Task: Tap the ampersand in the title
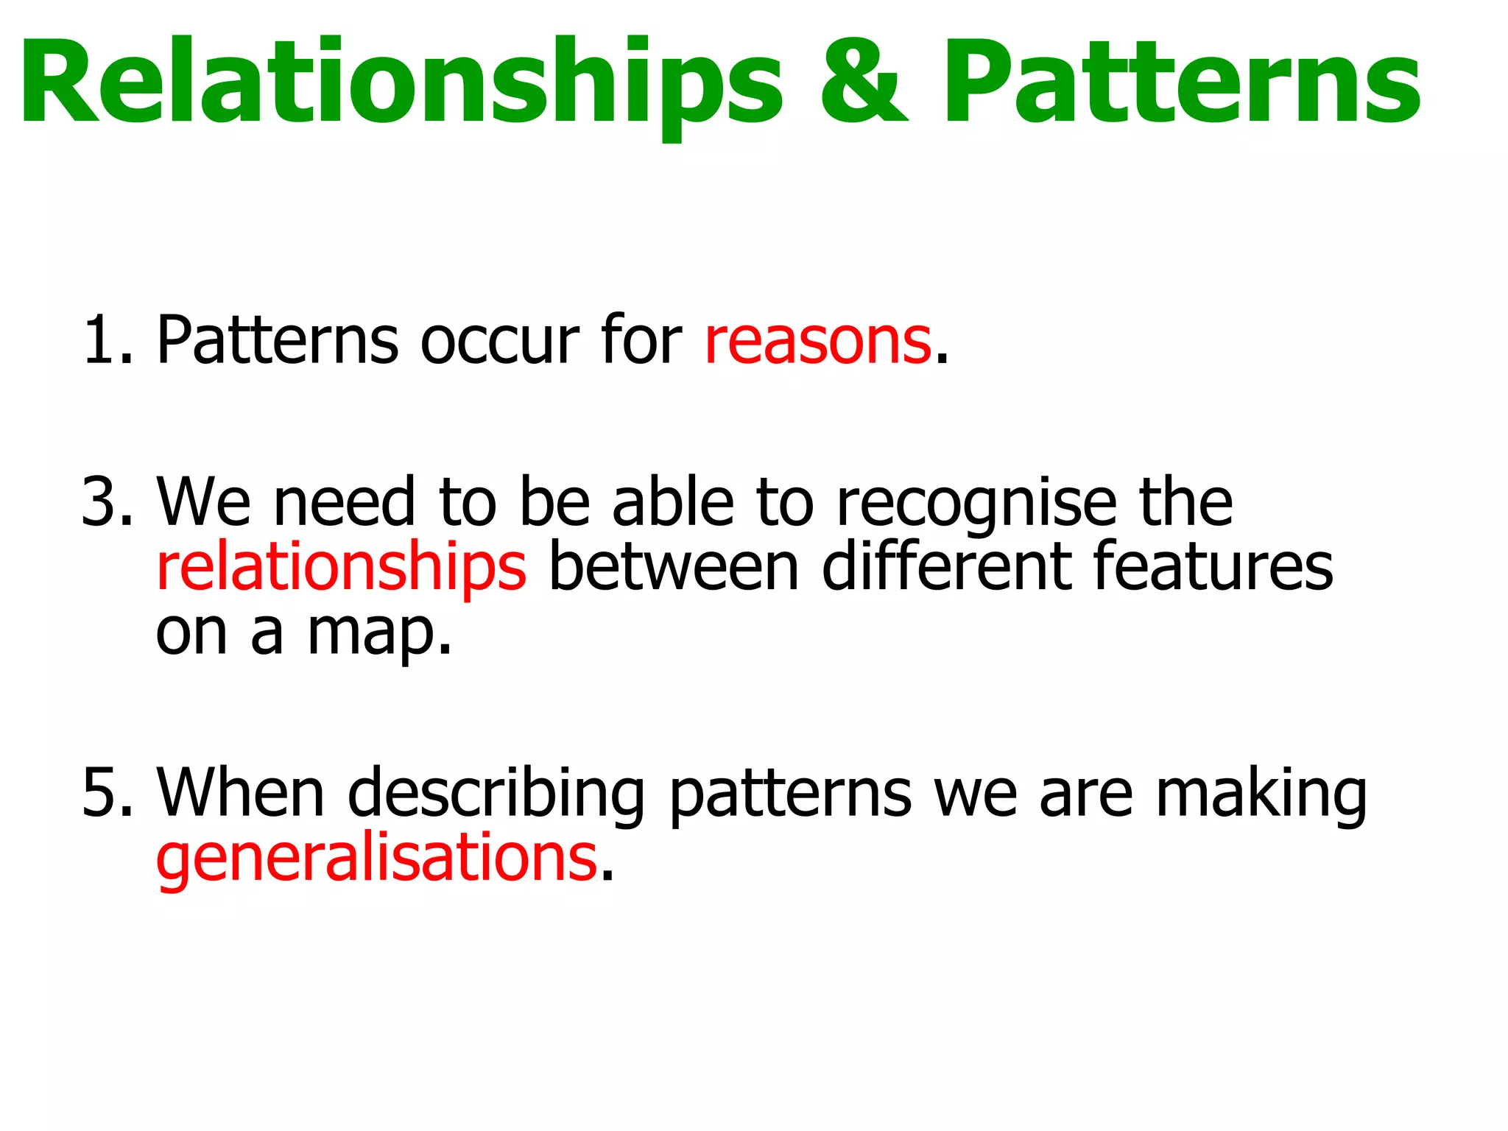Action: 864,82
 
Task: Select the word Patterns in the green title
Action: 1183,82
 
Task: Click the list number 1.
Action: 108,340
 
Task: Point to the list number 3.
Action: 108,502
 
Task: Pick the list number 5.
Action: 108,792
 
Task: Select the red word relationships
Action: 341,568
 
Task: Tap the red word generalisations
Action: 376,859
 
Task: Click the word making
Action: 1261,794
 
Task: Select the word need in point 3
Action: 345,502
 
